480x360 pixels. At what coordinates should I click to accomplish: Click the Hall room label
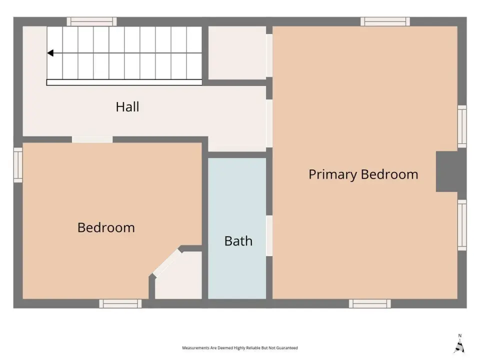pyautogui.click(x=127, y=107)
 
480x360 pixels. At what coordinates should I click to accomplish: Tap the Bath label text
pyautogui.click(x=238, y=241)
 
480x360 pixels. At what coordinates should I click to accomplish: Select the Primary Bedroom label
pyautogui.click(x=363, y=174)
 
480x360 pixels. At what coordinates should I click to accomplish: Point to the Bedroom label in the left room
pyautogui.click(x=106, y=227)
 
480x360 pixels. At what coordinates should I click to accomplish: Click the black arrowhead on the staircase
pyautogui.click(x=50, y=53)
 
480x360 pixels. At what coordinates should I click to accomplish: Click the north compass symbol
pyautogui.click(x=459, y=344)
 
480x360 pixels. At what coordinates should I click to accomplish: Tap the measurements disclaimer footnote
pyautogui.click(x=239, y=348)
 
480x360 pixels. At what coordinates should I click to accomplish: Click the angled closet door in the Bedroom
pyautogui.click(x=167, y=263)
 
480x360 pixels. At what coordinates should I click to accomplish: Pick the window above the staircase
pyautogui.click(x=92, y=21)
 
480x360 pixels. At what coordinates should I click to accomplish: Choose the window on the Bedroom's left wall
pyautogui.click(x=18, y=165)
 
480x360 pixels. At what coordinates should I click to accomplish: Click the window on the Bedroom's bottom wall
pyautogui.click(x=120, y=303)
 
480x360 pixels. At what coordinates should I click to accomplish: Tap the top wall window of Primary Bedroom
pyautogui.click(x=385, y=21)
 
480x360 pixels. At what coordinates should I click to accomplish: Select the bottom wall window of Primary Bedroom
pyautogui.click(x=370, y=303)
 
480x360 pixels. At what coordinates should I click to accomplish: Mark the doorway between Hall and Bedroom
pyautogui.click(x=92, y=139)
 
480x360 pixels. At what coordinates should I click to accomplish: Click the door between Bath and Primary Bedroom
pyautogui.click(x=269, y=235)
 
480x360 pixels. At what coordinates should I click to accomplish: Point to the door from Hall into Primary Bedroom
pyautogui.click(x=269, y=123)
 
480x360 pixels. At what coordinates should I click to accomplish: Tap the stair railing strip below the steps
pyautogui.click(x=124, y=82)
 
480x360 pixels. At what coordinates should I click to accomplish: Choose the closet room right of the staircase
pyautogui.click(x=237, y=52)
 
